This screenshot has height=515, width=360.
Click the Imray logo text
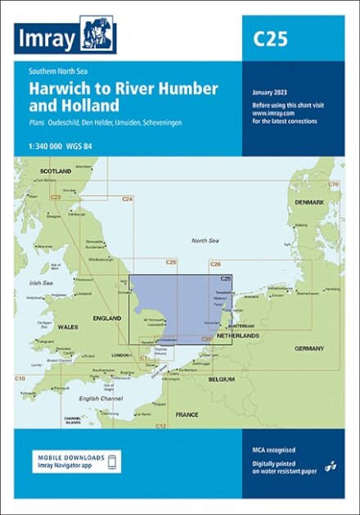click(47, 38)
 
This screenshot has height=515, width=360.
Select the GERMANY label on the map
click(310, 348)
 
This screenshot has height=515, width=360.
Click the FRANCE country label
click(187, 415)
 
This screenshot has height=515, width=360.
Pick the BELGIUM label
click(222, 380)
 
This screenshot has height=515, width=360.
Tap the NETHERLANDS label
click(237, 336)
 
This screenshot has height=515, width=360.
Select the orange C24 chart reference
click(127, 199)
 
